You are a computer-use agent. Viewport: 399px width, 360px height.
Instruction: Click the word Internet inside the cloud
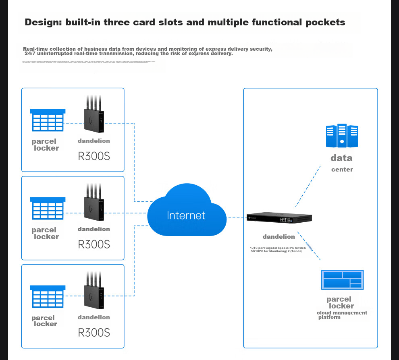[x=186, y=215]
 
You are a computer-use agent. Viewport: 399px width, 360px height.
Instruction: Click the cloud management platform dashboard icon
[x=342, y=279]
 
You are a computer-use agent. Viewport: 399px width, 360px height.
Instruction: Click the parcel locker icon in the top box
[x=48, y=120]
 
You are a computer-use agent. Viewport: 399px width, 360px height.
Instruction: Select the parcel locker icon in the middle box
[x=48, y=208]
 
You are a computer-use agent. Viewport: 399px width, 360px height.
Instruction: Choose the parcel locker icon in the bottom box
[x=48, y=296]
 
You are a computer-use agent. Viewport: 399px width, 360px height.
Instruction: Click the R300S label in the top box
[x=94, y=156]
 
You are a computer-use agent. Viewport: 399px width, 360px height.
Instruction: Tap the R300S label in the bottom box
[x=94, y=333]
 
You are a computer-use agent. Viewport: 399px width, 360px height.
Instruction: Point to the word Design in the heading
[x=42, y=22]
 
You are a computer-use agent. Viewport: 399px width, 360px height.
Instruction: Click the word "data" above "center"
[x=341, y=158]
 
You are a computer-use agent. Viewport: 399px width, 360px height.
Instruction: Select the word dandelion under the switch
[x=279, y=237]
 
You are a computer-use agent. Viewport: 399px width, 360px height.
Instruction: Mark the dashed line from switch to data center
[x=308, y=185]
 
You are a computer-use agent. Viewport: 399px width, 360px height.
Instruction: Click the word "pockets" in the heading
[x=325, y=22]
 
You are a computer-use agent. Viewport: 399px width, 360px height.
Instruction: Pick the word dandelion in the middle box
[x=94, y=229]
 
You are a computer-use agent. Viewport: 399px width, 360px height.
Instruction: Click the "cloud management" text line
[x=342, y=313]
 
